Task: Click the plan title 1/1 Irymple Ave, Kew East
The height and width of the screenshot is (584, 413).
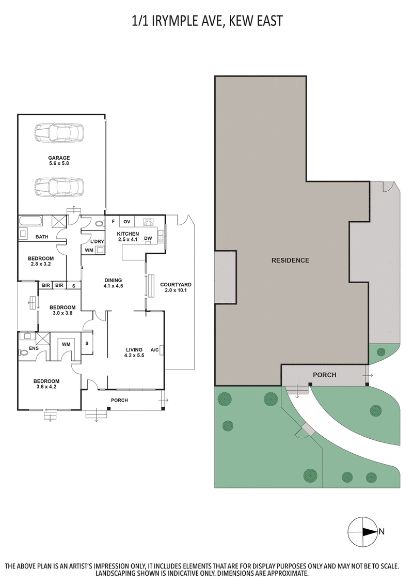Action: coord(206,21)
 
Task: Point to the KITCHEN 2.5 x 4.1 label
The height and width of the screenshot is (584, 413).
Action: coord(129,237)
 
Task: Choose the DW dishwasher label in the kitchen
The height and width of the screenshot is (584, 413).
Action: coord(148,239)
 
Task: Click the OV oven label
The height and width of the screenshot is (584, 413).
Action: coord(126,222)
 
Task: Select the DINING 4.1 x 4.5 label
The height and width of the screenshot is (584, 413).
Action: coord(113,283)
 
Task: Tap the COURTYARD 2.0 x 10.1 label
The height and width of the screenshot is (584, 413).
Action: coord(176,287)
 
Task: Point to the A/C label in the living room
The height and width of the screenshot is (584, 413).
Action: coord(154,350)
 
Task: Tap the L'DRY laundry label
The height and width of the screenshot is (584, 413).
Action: coord(97,242)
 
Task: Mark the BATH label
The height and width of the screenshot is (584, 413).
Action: coord(42,237)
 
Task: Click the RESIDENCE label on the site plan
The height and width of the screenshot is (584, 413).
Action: coord(290,260)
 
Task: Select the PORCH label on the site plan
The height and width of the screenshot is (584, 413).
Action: coord(324,375)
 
